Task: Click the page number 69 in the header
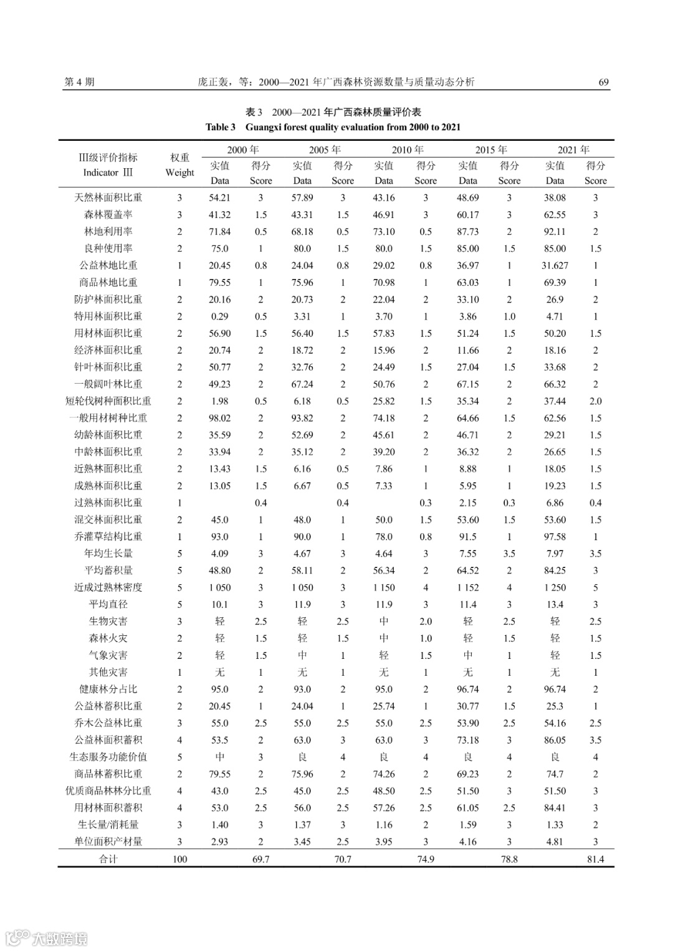[603, 82]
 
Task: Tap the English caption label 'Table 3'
[221, 127]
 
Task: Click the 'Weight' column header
[179, 173]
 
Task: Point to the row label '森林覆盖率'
[108, 215]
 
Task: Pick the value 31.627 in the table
[555, 265]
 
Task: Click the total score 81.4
[595, 859]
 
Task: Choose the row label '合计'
[108, 859]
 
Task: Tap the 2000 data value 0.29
[219, 316]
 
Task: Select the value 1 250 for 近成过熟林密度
[555, 587]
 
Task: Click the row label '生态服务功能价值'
[108, 757]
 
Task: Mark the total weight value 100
[179, 859]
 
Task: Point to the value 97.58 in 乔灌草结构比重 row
[555, 537]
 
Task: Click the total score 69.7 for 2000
[260, 859]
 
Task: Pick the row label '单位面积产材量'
[108, 841]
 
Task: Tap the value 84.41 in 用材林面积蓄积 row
[555, 808]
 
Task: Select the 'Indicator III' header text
[108, 173]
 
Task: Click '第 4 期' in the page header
[79, 82]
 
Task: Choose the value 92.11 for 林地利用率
[555, 232]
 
